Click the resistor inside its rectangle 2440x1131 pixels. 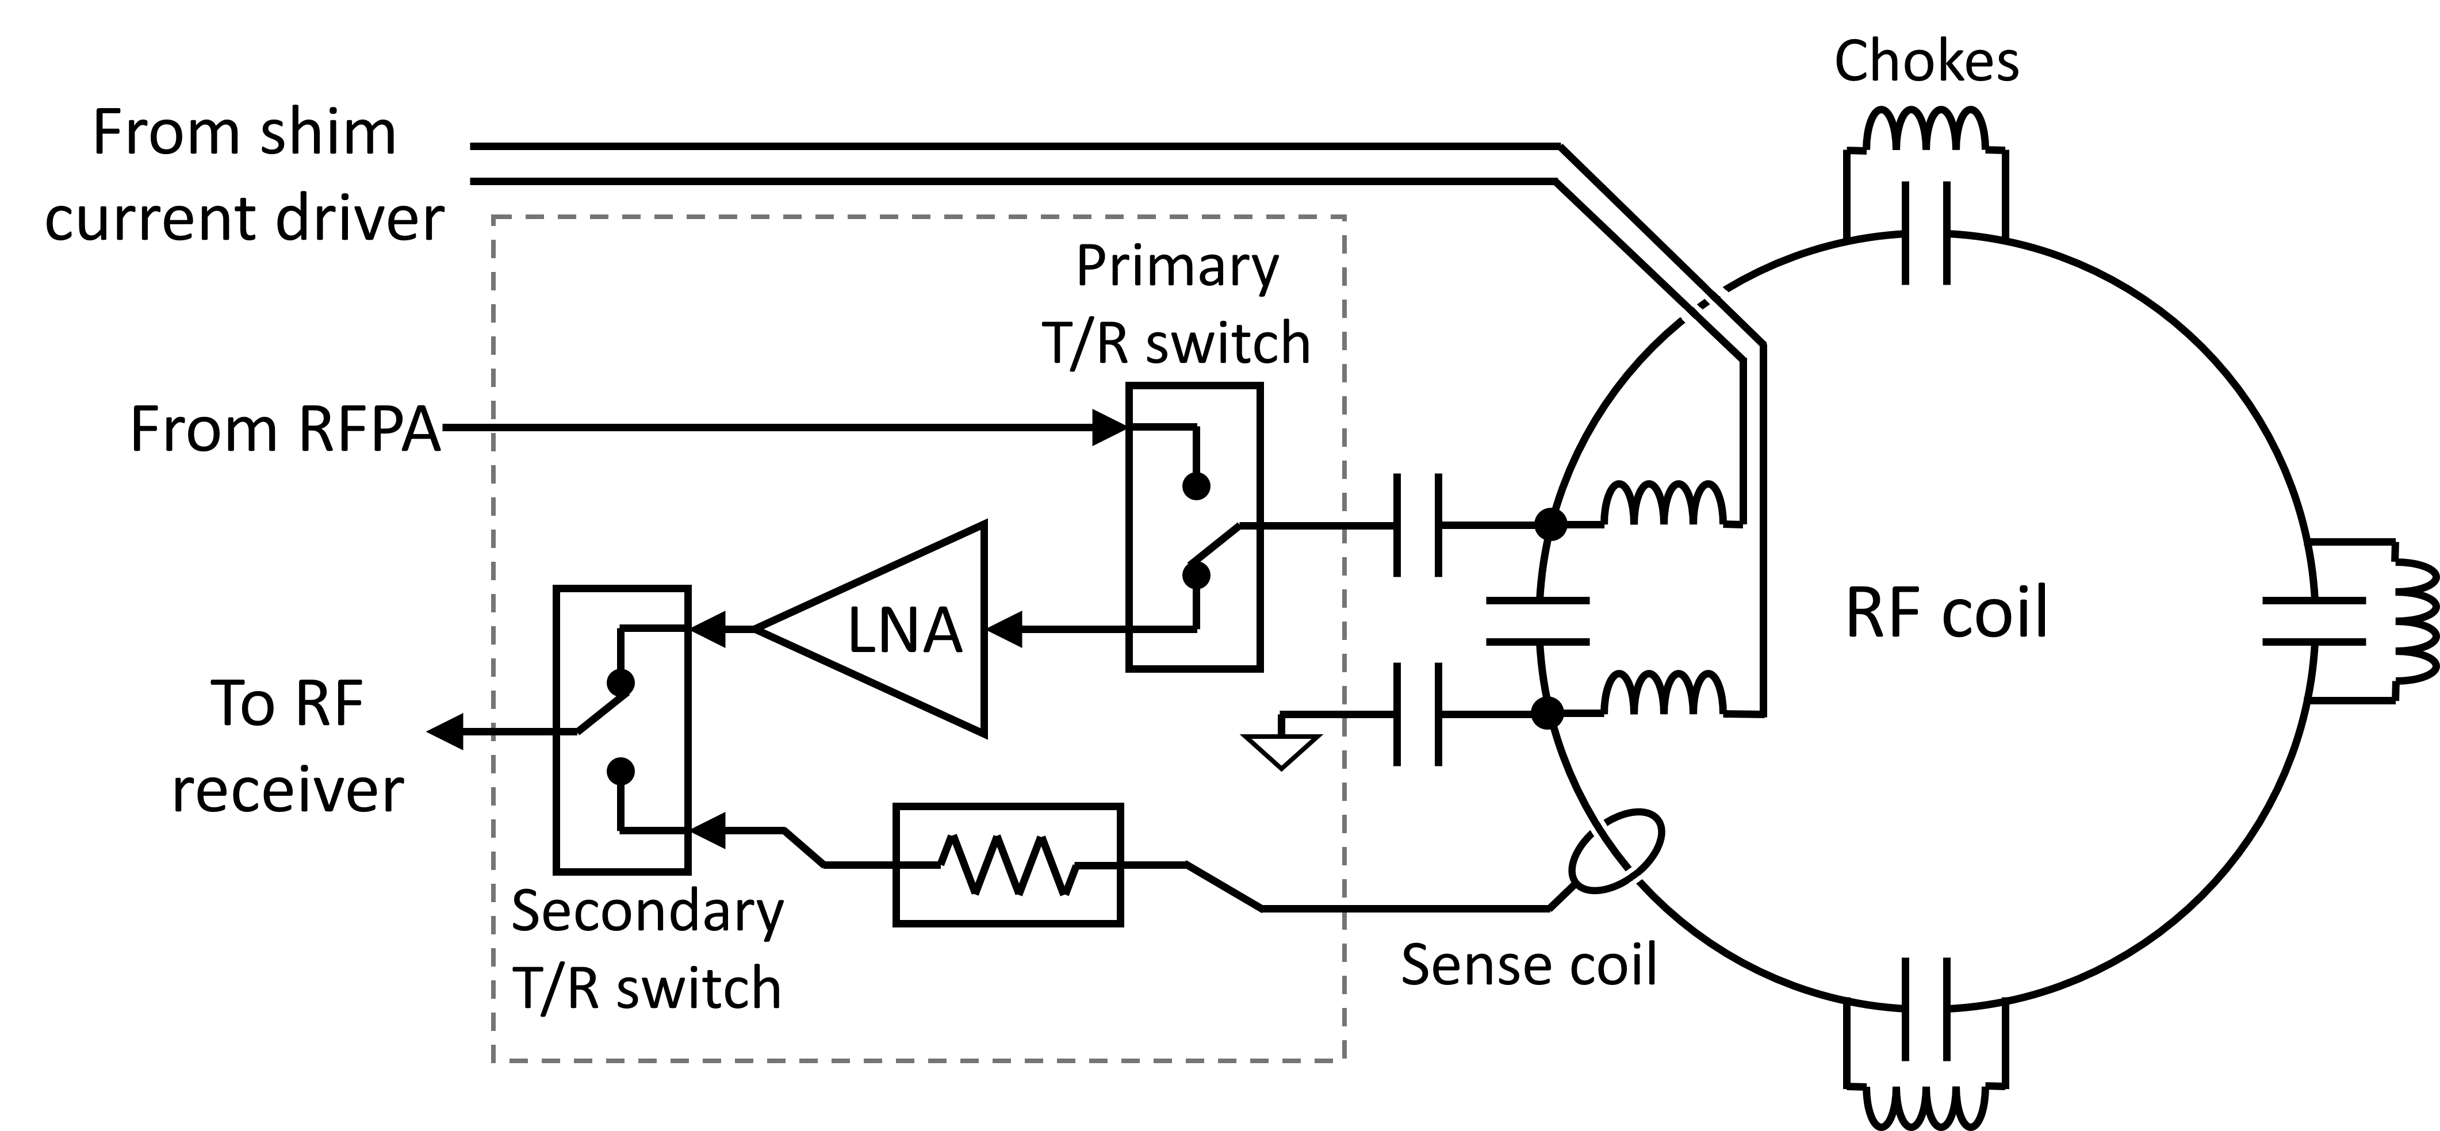[1008, 865]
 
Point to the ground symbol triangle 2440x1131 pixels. [1281, 750]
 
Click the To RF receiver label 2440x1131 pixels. [287, 746]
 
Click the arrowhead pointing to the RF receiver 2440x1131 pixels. [445, 731]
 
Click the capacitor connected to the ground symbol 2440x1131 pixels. [1418, 713]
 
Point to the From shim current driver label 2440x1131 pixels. [244, 175]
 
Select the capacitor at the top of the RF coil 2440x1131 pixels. [1926, 233]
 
